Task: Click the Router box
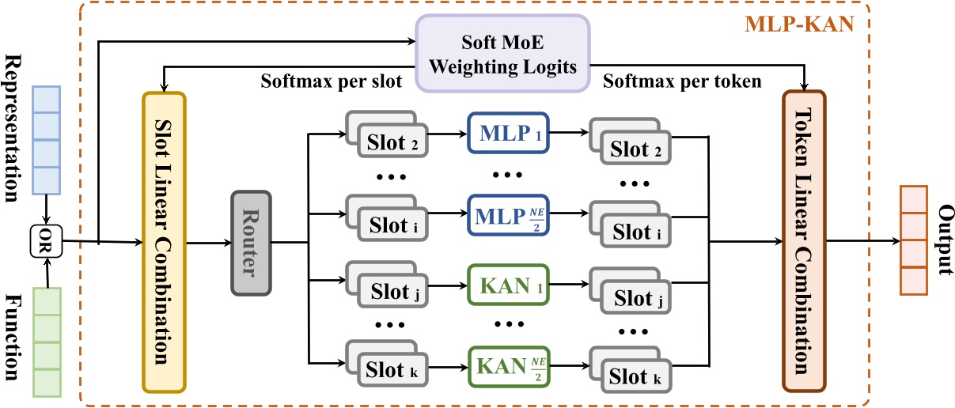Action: click(251, 243)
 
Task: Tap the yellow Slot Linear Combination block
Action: click(164, 242)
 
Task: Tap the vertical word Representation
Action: click(13, 129)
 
